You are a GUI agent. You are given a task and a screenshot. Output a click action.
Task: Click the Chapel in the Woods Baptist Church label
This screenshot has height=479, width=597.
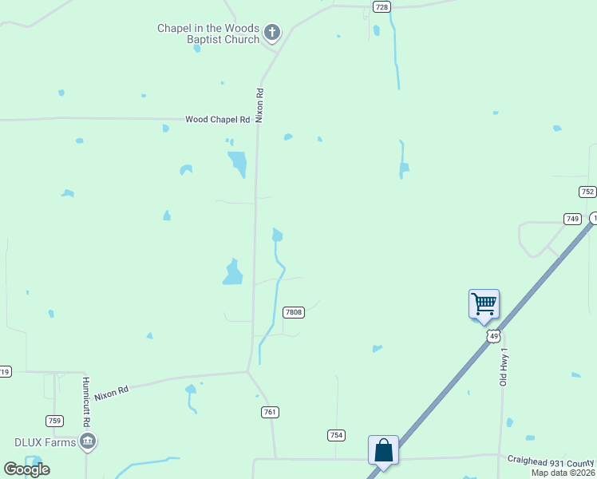(208, 34)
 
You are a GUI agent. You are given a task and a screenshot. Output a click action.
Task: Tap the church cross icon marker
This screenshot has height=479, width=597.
(272, 33)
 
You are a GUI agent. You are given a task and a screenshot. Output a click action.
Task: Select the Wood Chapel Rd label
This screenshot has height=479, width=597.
(218, 119)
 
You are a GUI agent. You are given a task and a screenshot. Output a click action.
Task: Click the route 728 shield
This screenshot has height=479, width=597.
(382, 6)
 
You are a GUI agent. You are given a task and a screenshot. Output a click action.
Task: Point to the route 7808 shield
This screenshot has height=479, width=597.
(294, 312)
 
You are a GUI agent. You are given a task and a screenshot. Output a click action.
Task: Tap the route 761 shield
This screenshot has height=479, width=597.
(270, 412)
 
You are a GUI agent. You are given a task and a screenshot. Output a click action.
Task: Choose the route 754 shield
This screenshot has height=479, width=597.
(336, 434)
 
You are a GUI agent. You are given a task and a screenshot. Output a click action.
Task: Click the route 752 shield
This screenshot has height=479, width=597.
(587, 192)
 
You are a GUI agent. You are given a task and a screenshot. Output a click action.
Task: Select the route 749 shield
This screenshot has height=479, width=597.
(572, 219)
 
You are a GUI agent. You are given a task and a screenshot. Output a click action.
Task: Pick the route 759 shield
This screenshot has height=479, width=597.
(54, 421)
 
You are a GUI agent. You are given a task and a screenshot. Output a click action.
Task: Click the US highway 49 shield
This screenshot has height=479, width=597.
(493, 336)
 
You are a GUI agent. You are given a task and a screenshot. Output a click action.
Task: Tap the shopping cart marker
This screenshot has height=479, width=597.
(484, 304)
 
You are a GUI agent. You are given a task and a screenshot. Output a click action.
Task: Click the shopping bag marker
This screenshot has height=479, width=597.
(383, 450)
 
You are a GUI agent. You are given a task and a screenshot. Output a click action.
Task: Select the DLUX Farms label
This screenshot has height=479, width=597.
(45, 442)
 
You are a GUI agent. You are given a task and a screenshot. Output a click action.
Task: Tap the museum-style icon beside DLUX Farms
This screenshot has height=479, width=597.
(88, 441)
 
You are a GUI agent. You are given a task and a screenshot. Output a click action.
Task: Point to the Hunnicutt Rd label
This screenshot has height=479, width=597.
(85, 402)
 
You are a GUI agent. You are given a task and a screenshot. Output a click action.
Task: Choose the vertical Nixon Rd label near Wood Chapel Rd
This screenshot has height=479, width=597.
(259, 105)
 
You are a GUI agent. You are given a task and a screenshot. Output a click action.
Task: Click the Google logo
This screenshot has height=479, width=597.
(26, 469)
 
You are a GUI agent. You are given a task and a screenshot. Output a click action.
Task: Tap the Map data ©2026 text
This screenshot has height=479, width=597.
(563, 473)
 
